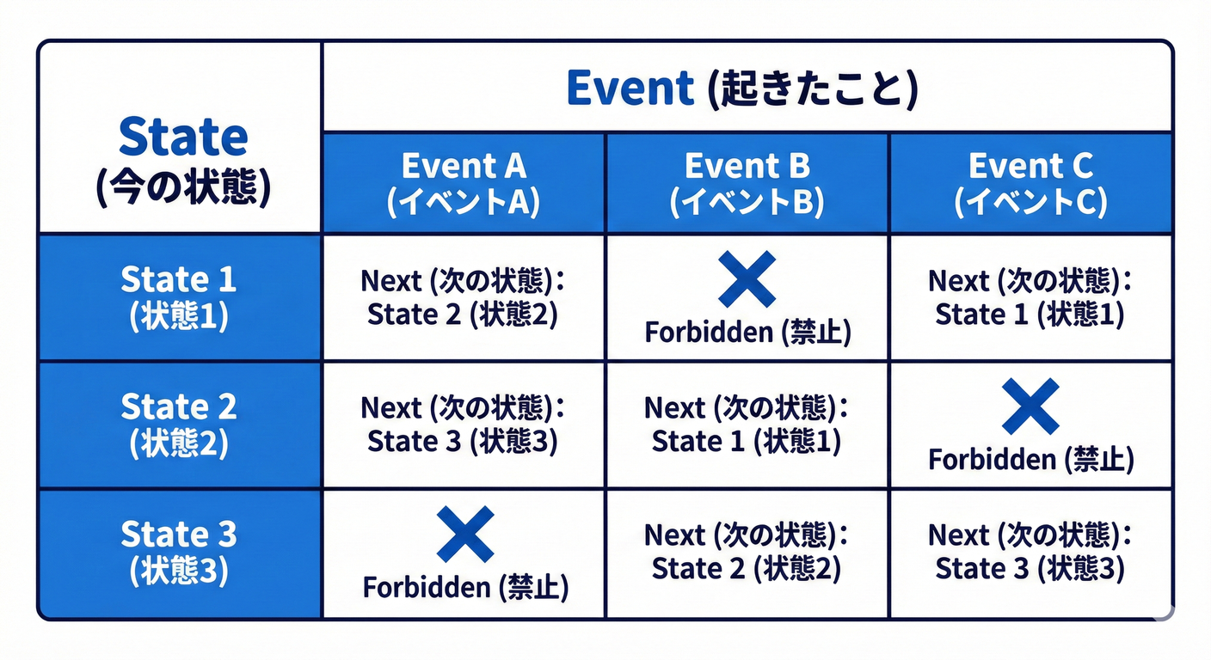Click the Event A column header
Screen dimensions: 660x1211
point(464,182)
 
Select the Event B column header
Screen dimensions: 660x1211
point(747,182)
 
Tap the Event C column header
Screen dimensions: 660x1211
point(1030,182)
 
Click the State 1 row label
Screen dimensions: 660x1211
point(179,297)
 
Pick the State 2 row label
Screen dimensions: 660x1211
point(179,425)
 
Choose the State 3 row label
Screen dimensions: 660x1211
point(179,553)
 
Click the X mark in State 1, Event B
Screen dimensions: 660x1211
point(747,278)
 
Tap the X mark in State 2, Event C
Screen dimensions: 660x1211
point(1030,406)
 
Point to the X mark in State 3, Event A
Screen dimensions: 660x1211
point(464,534)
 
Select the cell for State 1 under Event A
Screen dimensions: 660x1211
point(464,297)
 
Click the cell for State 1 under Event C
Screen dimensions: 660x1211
point(1030,297)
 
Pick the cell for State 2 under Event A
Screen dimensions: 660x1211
point(464,425)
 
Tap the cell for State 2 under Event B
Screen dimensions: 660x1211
point(747,425)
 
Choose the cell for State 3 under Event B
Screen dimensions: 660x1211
point(747,553)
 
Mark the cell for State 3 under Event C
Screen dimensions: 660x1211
point(1030,553)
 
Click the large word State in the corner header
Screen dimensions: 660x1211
point(182,137)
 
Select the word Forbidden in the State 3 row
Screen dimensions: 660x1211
point(426,588)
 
